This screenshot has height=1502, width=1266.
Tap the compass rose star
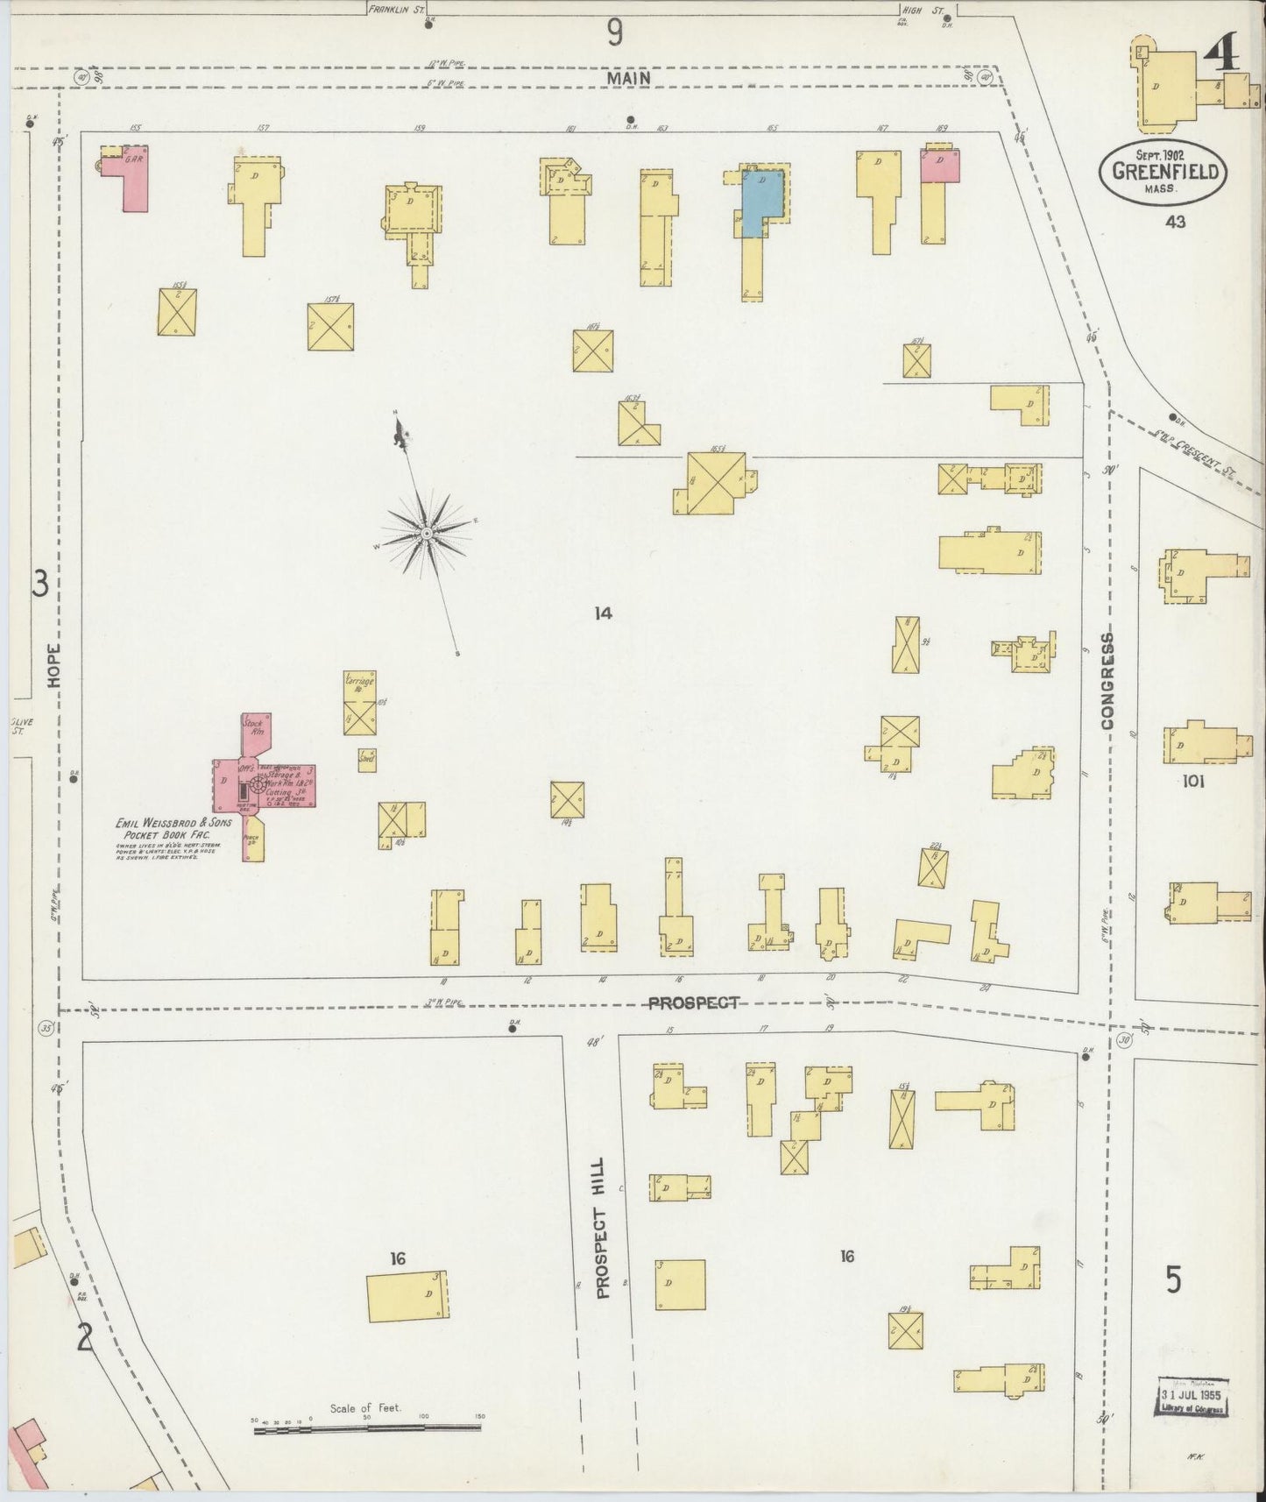(426, 532)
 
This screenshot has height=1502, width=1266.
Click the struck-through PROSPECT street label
(694, 1003)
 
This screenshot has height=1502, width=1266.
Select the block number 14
(602, 613)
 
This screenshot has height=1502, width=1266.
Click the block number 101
(1192, 781)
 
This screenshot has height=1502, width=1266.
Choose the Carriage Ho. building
(358, 703)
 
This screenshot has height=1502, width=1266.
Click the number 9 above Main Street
(615, 33)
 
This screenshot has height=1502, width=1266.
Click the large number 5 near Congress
(1174, 1280)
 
